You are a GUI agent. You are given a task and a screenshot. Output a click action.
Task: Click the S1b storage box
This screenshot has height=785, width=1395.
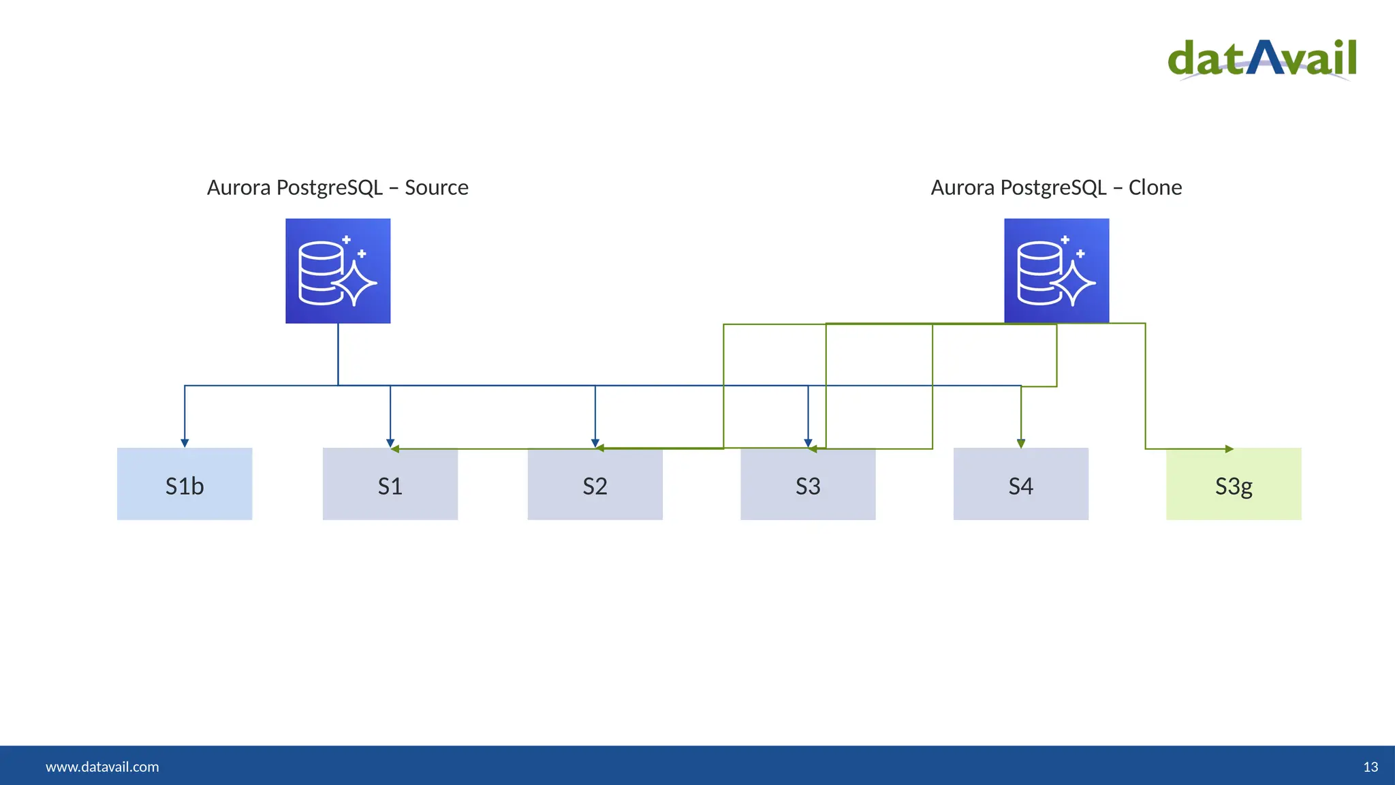pos(185,484)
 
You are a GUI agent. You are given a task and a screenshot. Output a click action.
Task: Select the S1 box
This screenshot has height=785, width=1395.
pos(390,484)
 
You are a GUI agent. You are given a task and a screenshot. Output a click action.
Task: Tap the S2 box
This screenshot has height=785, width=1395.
pos(595,484)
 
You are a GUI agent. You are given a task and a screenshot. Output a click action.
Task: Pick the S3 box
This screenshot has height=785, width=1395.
pos(808,484)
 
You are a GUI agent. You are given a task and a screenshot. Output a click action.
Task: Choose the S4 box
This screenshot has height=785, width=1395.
pos(1020,484)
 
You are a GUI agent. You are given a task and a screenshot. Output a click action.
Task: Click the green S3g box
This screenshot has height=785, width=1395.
pos(1233,484)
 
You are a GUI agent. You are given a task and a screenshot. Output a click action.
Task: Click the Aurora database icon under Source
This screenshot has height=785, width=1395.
pos(338,271)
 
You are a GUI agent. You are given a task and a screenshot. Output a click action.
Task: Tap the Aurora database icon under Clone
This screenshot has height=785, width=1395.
pos(1056,271)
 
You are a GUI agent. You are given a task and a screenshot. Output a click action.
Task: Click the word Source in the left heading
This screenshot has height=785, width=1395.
pos(436,187)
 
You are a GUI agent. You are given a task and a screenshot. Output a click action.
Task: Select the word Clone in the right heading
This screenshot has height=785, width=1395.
pos(1155,187)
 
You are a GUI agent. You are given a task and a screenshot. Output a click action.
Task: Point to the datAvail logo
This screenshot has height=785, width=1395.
pos(1262,60)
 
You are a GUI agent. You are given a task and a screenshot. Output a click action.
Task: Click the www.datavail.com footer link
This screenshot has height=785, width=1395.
pos(102,767)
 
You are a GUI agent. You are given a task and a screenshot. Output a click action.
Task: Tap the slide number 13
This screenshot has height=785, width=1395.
pos(1370,767)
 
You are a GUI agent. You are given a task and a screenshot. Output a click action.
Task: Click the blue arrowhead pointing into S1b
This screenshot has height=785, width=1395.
pos(185,443)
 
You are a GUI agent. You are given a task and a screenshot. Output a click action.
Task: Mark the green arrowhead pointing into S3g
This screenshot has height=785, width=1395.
pos(1229,449)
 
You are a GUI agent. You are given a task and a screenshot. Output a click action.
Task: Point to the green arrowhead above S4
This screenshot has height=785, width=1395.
pos(1020,444)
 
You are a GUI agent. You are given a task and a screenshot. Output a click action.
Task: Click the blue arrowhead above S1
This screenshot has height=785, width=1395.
pos(390,442)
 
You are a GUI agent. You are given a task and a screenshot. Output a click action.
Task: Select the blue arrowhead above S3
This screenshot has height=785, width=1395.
pos(808,442)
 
